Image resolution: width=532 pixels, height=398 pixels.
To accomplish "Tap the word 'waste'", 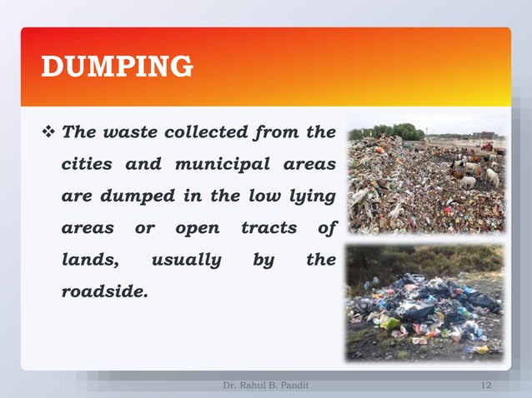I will [x=128, y=132].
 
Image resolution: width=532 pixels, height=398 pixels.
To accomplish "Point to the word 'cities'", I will [x=87, y=164].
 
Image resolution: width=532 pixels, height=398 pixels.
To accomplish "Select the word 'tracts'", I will [x=269, y=228].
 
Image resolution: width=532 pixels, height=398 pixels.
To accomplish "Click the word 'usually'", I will [x=186, y=261].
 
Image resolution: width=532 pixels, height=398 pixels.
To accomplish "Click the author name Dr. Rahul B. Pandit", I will [x=265, y=385].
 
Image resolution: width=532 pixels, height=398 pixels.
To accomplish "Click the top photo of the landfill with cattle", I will [x=426, y=179].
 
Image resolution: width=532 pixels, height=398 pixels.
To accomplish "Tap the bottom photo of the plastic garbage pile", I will [x=426, y=302].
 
